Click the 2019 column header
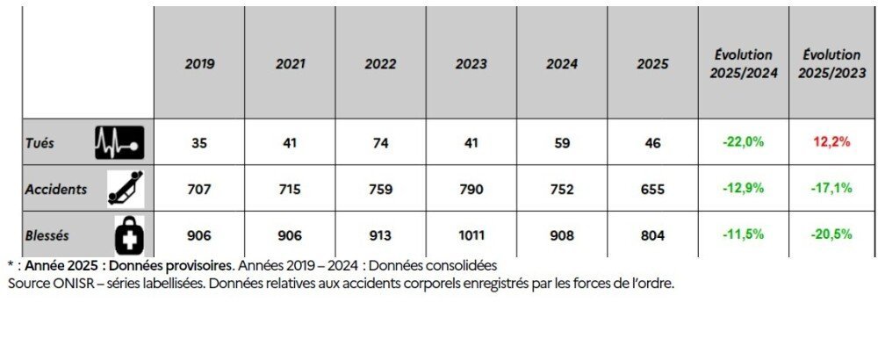[x=199, y=64]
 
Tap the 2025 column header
[x=652, y=64]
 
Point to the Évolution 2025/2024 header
[x=744, y=64]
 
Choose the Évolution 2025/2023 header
[x=831, y=64]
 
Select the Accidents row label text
[x=56, y=188]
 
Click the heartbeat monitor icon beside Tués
[x=119, y=142]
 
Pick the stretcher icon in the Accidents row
[x=124, y=188]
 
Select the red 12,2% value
[x=832, y=142]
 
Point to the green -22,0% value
[x=744, y=142]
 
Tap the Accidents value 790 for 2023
[x=471, y=189]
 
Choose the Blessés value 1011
[x=471, y=235]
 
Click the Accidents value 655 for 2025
[x=652, y=189]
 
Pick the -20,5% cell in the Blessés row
[x=832, y=235]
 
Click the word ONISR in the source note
[x=67, y=284]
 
